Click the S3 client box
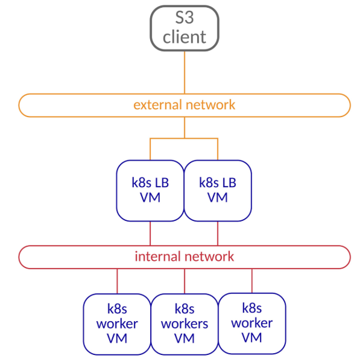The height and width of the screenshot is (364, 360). coord(185,28)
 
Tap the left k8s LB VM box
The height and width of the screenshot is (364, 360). coord(150,191)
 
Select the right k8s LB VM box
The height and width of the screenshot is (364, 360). coord(218,191)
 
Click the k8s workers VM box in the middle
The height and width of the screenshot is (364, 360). coord(185,324)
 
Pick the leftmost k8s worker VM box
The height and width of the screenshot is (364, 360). coord(117,324)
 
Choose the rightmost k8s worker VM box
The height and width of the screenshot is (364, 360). coord(252,324)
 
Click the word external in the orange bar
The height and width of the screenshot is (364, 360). coord(158,105)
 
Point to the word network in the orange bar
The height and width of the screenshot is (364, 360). coord(210,105)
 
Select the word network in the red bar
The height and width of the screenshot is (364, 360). coord(209,257)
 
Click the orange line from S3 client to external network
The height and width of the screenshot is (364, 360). coord(185,72)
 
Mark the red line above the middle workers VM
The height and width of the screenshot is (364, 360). coord(185,281)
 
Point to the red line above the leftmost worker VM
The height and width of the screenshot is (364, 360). coord(117,281)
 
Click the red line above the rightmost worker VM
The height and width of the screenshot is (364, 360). coord(252,281)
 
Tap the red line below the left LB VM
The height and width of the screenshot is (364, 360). coord(150,233)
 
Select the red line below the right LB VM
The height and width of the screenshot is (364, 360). coord(218,233)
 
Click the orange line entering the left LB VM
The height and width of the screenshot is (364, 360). coord(150,149)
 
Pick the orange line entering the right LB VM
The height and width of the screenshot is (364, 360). coord(218,149)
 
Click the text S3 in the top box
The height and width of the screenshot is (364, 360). coord(185,18)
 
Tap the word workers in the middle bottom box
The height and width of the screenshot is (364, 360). coord(185,324)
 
